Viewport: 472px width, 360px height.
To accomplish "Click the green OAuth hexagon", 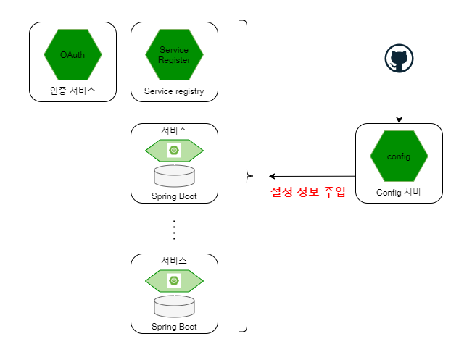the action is click(x=73, y=55).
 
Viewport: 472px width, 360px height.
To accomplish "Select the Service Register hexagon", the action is click(x=174, y=55).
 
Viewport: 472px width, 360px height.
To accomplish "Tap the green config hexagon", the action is click(x=399, y=156).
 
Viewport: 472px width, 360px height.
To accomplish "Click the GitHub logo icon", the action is click(x=399, y=59).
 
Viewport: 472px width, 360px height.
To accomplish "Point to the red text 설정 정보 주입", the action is click(x=307, y=191).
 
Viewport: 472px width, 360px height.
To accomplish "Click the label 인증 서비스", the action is click(x=73, y=91).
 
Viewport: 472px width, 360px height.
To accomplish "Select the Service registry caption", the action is click(x=174, y=91).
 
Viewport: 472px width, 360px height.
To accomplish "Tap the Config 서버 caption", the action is click(x=398, y=192).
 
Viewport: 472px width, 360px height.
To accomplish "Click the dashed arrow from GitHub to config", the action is click(x=399, y=98).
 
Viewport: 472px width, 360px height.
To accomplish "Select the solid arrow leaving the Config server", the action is click(x=312, y=176).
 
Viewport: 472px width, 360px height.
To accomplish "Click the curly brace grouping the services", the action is click(x=247, y=176).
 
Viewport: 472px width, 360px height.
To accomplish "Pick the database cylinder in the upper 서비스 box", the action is click(x=174, y=176).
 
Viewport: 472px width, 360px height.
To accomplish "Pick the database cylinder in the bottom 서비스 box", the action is click(x=174, y=306).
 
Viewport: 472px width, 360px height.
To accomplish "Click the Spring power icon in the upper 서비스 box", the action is click(x=174, y=150).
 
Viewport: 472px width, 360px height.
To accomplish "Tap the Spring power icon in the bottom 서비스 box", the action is click(x=174, y=280).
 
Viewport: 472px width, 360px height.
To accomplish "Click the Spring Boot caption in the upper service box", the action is click(x=174, y=196).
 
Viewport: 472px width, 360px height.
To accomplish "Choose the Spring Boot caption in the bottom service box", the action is click(x=174, y=326).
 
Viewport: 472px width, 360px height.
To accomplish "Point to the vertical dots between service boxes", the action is click(x=174, y=230).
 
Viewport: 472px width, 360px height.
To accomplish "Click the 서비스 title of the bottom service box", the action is click(x=174, y=261).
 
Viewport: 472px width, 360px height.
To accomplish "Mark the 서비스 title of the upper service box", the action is click(x=174, y=130).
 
